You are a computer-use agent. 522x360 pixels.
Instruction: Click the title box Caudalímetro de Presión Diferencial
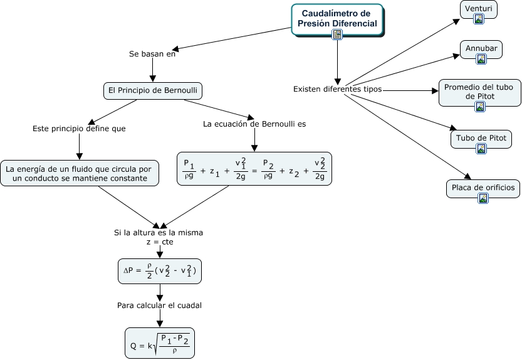point(337,19)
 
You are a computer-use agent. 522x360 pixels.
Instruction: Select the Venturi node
point(478,9)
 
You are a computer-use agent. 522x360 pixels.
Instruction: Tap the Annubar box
point(481,50)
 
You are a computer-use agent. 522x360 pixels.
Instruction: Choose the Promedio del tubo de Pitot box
point(480,93)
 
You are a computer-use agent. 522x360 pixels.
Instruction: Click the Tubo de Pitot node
point(481,139)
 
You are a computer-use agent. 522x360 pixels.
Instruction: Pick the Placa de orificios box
point(483,189)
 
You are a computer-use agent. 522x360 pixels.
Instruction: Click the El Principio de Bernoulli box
point(153,91)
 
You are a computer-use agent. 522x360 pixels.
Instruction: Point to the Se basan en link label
point(152,54)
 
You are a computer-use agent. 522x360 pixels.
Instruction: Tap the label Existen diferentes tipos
point(337,89)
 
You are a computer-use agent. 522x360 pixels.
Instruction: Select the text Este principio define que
point(79,129)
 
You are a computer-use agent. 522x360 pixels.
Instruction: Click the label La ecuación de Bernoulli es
point(254,124)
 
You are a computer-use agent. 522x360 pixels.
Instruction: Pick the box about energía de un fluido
point(80,173)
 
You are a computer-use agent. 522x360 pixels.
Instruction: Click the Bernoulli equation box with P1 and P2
point(254,169)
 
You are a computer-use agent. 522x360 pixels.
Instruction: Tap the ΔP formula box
point(160,272)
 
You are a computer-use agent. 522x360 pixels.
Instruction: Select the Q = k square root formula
point(160,343)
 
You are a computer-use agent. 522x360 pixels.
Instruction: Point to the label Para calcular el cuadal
point(159,305)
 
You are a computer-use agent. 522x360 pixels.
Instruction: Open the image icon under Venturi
point(479,19)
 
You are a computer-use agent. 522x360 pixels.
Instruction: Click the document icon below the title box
point(337,34)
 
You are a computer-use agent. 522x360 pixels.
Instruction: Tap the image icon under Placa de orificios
point(483,198)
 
